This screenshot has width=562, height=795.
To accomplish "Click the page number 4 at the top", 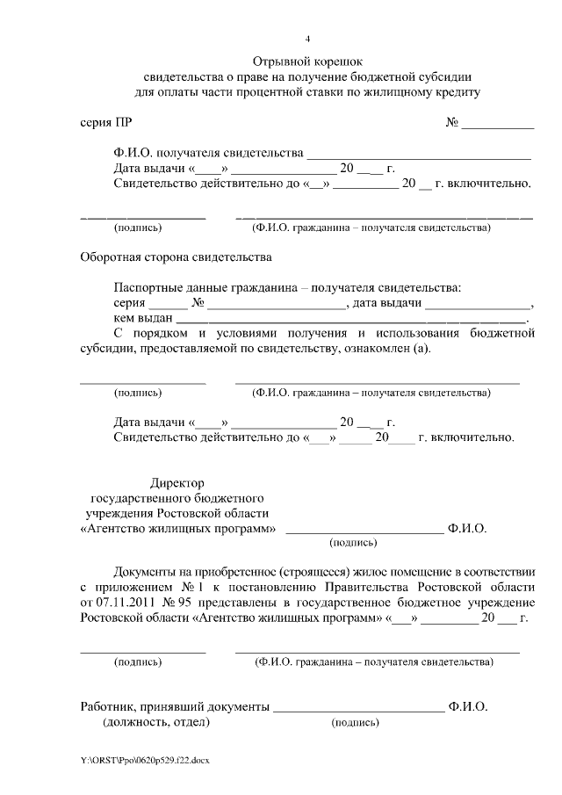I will (x=307, y=39).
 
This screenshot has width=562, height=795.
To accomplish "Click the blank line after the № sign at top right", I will (x=498, y=124).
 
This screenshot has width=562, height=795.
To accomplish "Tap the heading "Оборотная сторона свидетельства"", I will (x=177, y=257).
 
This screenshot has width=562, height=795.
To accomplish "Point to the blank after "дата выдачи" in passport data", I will (x=479, y=304).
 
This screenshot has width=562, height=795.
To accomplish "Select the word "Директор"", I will (x=177, y=483).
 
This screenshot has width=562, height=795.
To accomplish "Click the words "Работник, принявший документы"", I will (x=174, y=706).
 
